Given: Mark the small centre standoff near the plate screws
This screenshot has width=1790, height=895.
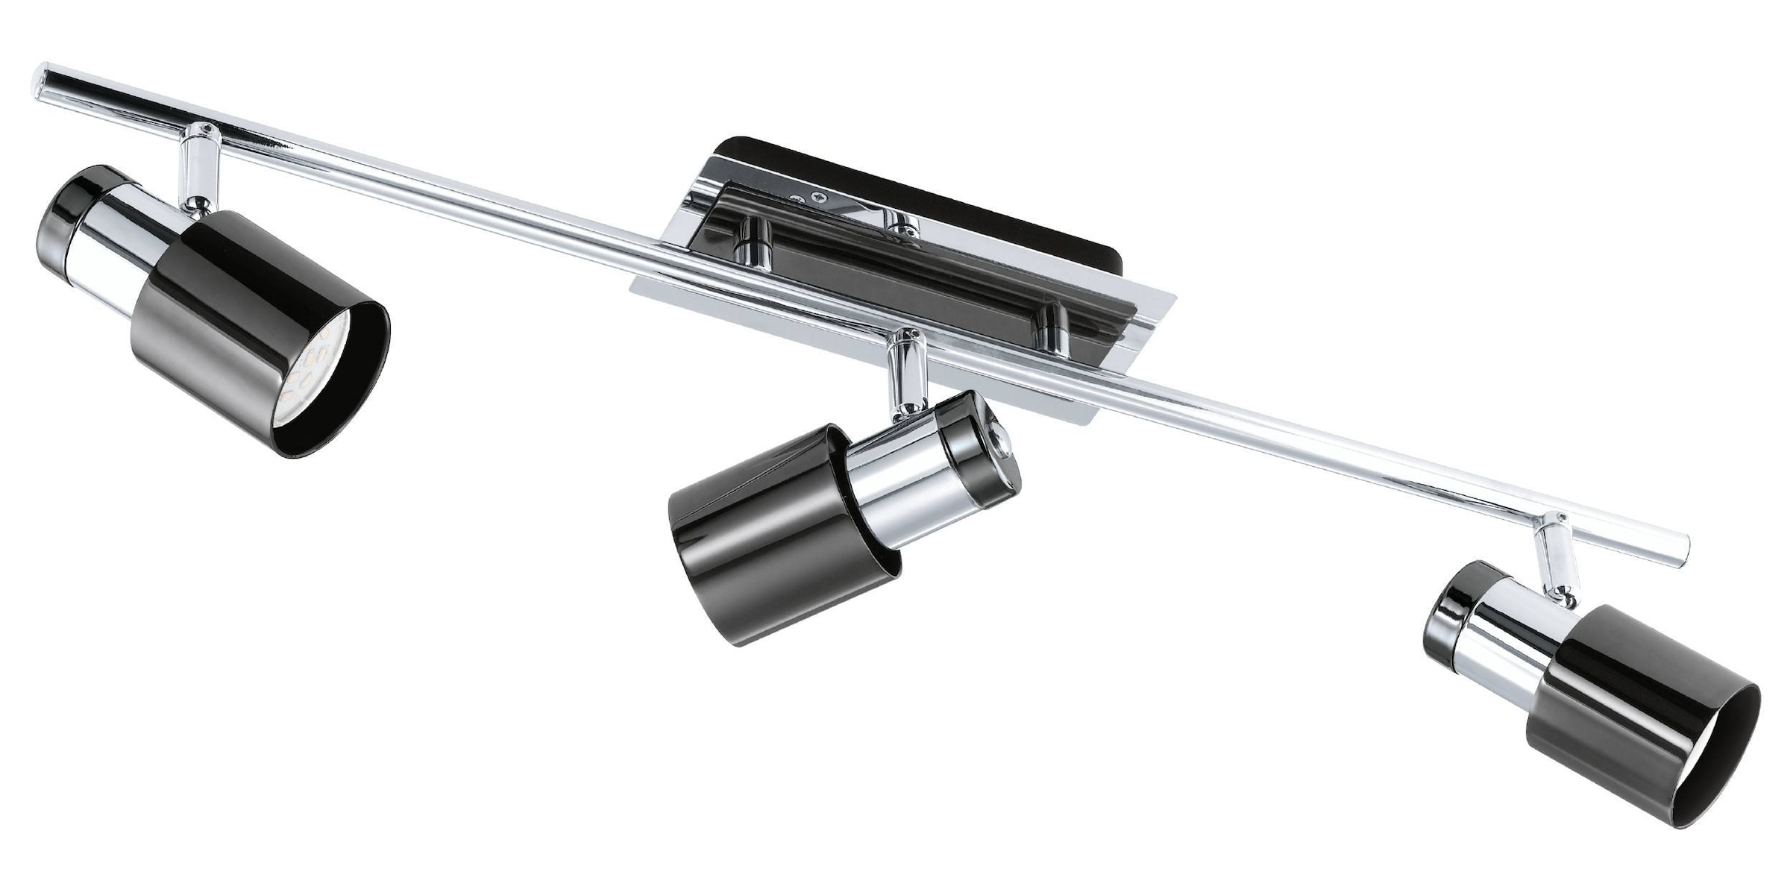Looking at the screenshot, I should pos(902,224).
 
